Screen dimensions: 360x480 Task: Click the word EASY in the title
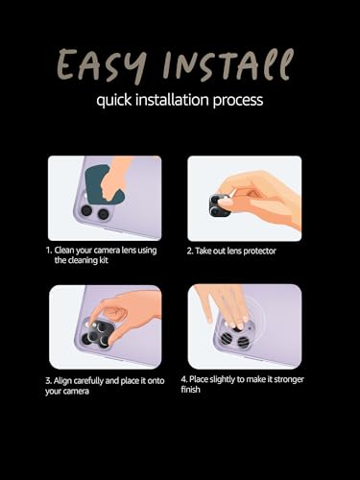102,66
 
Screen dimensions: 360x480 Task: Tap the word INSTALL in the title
228,64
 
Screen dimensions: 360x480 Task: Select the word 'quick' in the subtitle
114,100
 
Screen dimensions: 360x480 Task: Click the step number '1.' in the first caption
49,251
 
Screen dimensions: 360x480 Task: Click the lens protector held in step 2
220,205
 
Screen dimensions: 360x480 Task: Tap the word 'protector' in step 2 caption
259,251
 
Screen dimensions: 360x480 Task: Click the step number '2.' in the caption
190,251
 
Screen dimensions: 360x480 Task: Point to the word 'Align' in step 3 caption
62,381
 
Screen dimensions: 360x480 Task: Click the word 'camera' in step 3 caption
77,392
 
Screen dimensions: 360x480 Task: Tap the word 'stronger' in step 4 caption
289,379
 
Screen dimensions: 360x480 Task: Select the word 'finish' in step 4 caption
190,390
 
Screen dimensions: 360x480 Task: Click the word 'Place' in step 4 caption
199,379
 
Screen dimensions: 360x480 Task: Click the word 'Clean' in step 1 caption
64,251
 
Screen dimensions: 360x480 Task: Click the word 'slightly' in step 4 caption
222,380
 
